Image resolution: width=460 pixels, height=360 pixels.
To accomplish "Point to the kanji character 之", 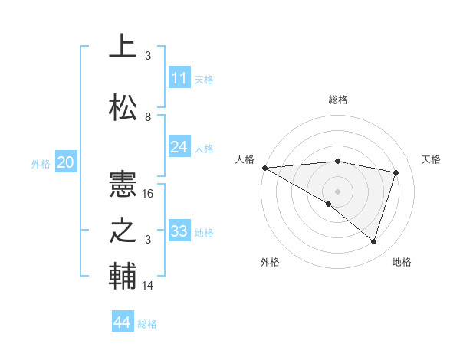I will (123, 231).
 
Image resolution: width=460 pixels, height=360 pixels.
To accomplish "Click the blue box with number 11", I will (179, 78).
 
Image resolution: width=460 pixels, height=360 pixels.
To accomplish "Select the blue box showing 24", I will (179, 147).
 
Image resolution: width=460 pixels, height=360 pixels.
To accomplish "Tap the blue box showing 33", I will (179, 231).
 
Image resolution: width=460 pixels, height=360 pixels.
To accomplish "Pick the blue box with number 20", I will (66, 162).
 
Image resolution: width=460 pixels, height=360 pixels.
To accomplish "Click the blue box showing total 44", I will (123, 322).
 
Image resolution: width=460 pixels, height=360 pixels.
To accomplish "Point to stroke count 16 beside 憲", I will (149, 194).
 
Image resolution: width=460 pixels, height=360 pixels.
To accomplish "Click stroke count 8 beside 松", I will (148, 117).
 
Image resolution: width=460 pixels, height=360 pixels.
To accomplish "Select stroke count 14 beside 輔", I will (149, 286).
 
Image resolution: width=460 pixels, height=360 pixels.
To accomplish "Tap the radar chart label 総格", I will (338, 100).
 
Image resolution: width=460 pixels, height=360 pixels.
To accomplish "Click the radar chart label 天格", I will (432, 159).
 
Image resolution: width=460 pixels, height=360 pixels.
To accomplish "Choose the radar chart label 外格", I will (270, 262).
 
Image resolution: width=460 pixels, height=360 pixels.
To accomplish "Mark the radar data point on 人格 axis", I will (264, 167).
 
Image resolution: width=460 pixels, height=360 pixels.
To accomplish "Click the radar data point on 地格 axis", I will (373, 241).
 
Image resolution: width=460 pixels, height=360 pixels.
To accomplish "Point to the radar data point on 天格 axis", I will (396, 172).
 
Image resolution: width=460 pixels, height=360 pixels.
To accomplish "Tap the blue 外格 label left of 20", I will (41, 163).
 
